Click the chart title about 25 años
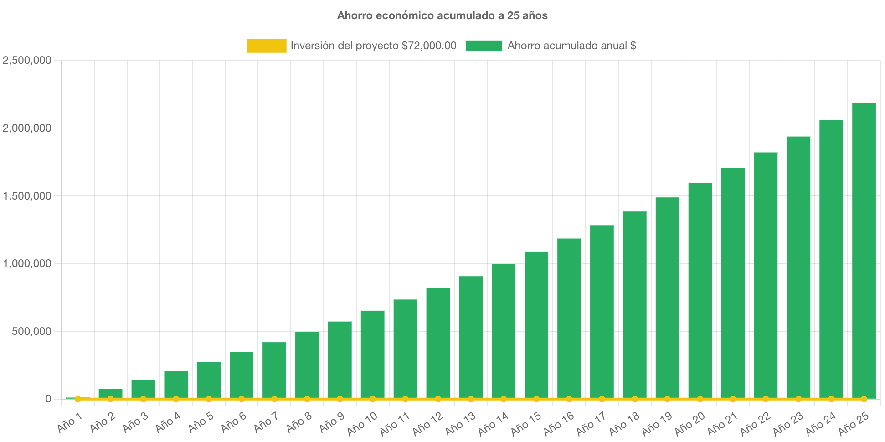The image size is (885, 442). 442,15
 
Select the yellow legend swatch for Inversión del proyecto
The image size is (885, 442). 267,46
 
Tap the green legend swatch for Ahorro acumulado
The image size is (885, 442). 484,46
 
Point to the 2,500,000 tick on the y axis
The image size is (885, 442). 27,61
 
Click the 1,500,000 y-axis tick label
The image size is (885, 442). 27,196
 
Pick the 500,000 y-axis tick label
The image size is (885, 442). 31,332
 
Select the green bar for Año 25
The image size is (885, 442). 864,251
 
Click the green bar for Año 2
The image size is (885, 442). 110,393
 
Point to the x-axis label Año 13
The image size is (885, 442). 460,423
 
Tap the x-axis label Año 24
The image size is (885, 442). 821,423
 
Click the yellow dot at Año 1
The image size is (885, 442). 78,399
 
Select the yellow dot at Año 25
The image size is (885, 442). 864,399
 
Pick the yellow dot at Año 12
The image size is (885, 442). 438,399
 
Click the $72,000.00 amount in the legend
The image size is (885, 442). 429,46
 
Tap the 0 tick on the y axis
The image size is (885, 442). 48,399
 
